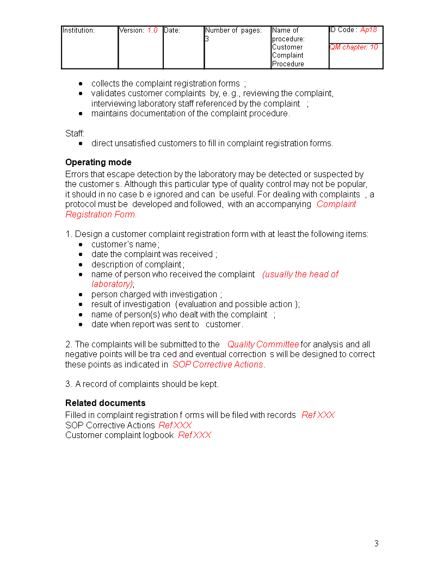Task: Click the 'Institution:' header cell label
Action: (79, 30)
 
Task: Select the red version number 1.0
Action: (152, 30)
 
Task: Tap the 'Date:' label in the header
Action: (172, 30)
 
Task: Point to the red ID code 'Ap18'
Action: (368, 30)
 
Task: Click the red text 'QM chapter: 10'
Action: (354, 47)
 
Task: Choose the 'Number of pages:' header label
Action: (233, 30)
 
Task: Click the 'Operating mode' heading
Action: (98, 163)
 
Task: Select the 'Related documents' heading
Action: (106, 403)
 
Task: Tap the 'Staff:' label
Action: (75, 133)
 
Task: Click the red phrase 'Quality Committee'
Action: (263, 344)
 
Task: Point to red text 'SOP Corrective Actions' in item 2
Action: (218, 364)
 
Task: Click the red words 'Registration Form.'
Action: (101, 214)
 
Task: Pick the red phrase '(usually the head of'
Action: (300, 274)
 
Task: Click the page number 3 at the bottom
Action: (376, 544)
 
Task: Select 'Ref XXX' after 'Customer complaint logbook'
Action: (195, 435)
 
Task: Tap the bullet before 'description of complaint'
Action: (81, 265)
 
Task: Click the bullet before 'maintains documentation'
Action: (81, 114)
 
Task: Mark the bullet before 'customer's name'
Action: (81, 245)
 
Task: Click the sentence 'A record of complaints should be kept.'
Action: (147, 384)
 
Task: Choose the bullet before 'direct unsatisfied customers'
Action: (81, 143)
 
